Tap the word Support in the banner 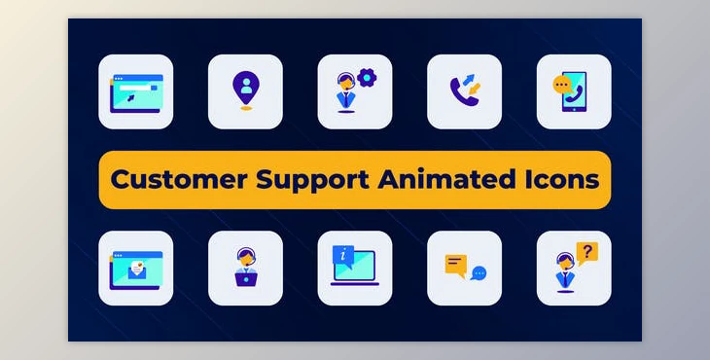(x=314, y=180)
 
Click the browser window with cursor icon (x=136, y=92)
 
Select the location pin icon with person (x=245, y=90)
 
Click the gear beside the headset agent (x=367, y=78)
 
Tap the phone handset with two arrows (x=464, y=91)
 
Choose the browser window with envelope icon (x=136, y=269)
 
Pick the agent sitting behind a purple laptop (x=245, y=269)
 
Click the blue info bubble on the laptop (x=341, y=256)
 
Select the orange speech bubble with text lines (x=456, y=263)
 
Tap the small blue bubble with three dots (x=479, y=274)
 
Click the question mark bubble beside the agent (x=586, y=253)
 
